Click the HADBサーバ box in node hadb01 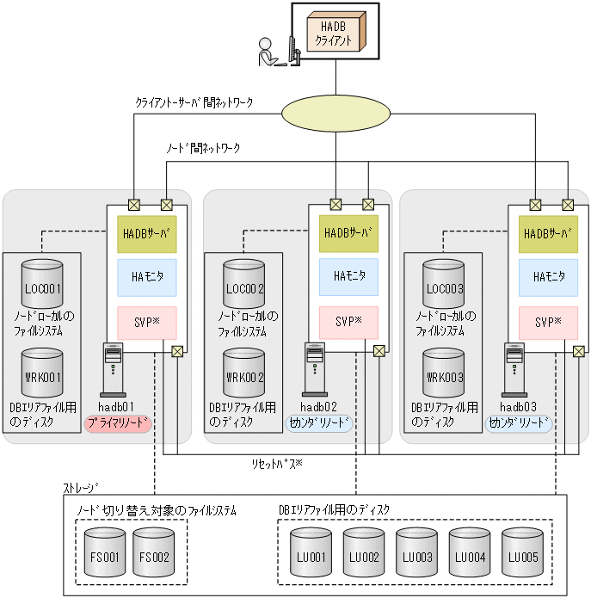point(147,234)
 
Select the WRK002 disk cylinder point(244,372)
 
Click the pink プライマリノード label point(119,423)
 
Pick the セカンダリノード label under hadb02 point(319,423)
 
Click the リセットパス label point(276,464)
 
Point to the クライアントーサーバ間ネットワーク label point(194,102)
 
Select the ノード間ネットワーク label point(203,148)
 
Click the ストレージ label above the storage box point(81,488)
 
